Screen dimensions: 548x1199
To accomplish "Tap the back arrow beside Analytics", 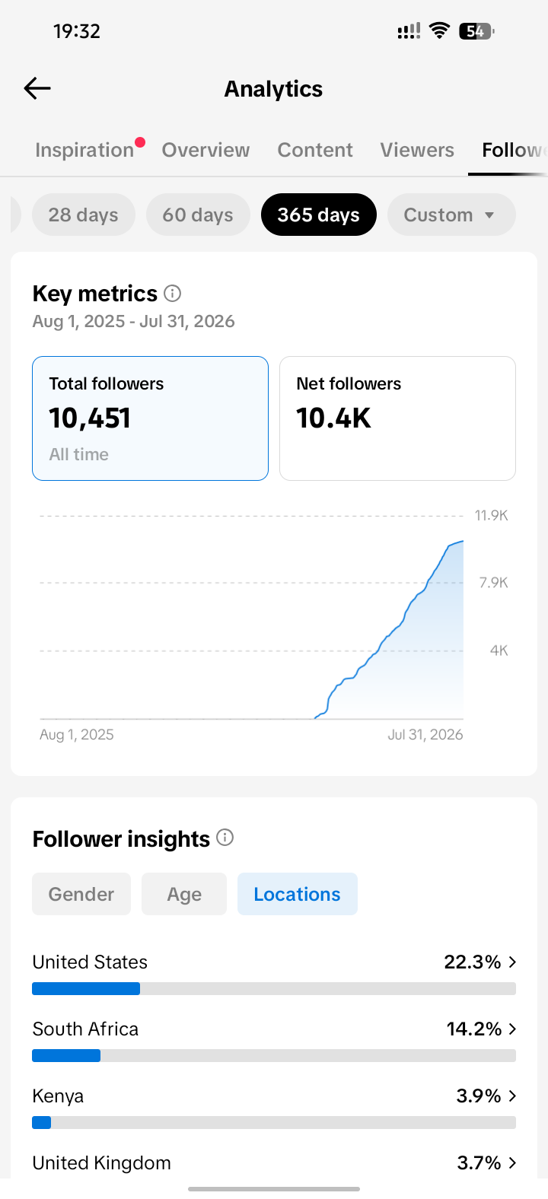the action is pos(37,88).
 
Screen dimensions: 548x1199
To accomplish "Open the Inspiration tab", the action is pos(84,150).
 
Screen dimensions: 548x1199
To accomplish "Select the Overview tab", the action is pos(205,150).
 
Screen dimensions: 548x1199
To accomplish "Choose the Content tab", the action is pos(315,150).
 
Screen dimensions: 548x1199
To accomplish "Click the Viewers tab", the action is pos(417,150).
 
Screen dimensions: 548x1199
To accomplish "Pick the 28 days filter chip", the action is pos(84,215).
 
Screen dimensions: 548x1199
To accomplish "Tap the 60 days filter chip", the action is pos(198,215).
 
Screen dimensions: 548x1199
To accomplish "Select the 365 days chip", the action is pos(319,215).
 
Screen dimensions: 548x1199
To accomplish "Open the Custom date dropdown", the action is pos(451,215).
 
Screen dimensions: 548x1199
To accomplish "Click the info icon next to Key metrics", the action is pos(173,294).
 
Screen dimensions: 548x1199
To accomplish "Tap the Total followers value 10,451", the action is pos(90,418).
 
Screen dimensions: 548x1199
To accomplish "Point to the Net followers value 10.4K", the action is pos(333,418).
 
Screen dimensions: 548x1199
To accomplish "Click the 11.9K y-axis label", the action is pos(491,516).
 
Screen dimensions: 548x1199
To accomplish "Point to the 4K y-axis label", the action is pos(499,650).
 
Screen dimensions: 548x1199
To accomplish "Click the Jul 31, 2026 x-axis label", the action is pos(425,734).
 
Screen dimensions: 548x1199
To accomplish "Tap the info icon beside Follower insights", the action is pos(225,838).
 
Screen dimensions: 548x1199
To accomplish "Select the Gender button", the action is pos(81,894).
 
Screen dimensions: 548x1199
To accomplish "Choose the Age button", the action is pos(184,894).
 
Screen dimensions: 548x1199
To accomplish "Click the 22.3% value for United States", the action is pos(473,962).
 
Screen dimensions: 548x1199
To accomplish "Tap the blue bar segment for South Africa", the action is pos(66,1055).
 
